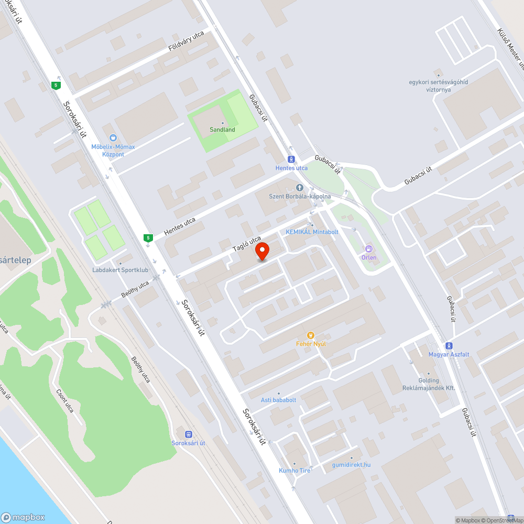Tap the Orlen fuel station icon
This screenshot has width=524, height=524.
point(368,248)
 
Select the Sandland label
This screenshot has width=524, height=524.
point(223,129)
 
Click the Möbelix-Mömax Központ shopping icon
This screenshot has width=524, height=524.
point(113,138)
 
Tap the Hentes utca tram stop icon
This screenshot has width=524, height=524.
point(291,159)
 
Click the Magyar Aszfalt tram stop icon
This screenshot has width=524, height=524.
point(449,345)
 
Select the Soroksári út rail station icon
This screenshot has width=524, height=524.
point(188,434)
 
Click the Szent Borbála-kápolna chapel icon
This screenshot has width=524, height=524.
point(300,188)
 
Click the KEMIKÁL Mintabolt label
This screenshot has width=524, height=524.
point(312,232)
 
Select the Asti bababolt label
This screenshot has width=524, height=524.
point(279,400)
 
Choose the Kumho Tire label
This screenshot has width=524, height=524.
point(294,470)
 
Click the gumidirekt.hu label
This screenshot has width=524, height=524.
point(352,464)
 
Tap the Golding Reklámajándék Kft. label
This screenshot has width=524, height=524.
point(429,384)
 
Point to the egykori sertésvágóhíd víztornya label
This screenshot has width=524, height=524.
point(438,85)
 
